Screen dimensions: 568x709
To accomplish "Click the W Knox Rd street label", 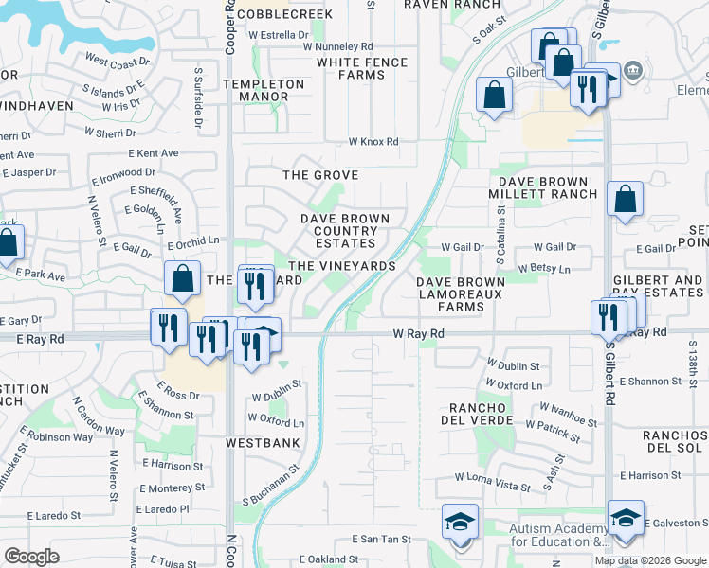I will (373, 142).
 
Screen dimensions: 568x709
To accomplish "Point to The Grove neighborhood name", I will (321, 175).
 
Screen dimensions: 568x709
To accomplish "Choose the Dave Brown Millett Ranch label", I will (543, 186).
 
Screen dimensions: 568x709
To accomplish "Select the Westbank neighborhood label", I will (263, 442).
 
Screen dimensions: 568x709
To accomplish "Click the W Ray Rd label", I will (419, 333).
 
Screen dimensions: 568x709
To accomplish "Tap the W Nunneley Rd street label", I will (338, 45).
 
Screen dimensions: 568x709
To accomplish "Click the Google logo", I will (31, 556).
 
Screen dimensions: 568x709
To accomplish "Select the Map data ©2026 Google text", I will (650, 560).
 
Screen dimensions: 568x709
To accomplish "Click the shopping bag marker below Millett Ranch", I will (625, 200).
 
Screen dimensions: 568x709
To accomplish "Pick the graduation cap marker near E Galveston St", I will (626, 518).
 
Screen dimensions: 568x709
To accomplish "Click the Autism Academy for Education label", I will (558, 536).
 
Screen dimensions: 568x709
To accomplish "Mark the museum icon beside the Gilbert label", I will (633, 72).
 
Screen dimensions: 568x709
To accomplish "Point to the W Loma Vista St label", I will (493, 485).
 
